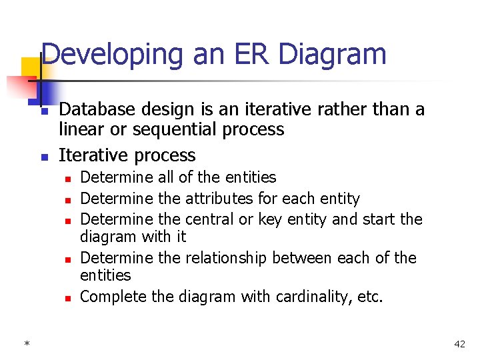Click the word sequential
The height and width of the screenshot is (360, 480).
click(x=172, y=129)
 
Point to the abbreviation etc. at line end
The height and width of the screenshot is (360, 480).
click(x=370, y=297)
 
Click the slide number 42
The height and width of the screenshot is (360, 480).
click(x=459, y=344)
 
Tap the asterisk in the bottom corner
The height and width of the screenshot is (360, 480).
click(x=27, y=344)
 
